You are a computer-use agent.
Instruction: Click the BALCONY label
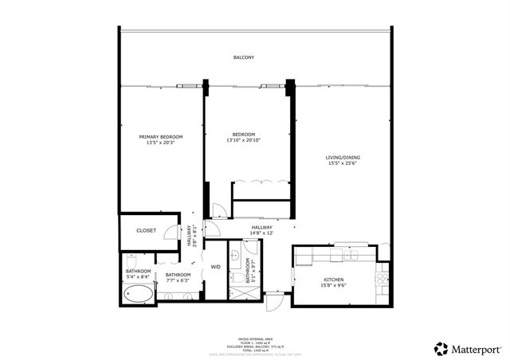click(244, 57)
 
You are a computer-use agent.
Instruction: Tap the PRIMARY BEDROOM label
click(160, 137)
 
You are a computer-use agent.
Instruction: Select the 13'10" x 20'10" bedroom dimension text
click(244, 140)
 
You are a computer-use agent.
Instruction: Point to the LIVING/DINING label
click(343, 158)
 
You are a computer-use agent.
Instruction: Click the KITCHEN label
click(332, 280)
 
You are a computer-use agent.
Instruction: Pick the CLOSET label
click(146, 230)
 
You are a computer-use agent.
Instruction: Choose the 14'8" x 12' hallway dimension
click(263, 233)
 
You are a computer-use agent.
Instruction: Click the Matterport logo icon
click(440, 348)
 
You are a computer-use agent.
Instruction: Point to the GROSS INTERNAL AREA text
click(254, 339)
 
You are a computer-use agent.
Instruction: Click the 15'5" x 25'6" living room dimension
click(343, 164)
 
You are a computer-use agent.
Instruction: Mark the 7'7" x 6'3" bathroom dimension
click(177, 280)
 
